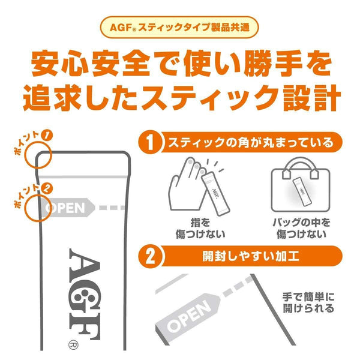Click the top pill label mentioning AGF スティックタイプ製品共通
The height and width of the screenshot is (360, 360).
pyautogui.click(x=180, y=27)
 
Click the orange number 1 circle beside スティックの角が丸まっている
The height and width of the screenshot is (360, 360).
pyautogui.click(x=151, y=145)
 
